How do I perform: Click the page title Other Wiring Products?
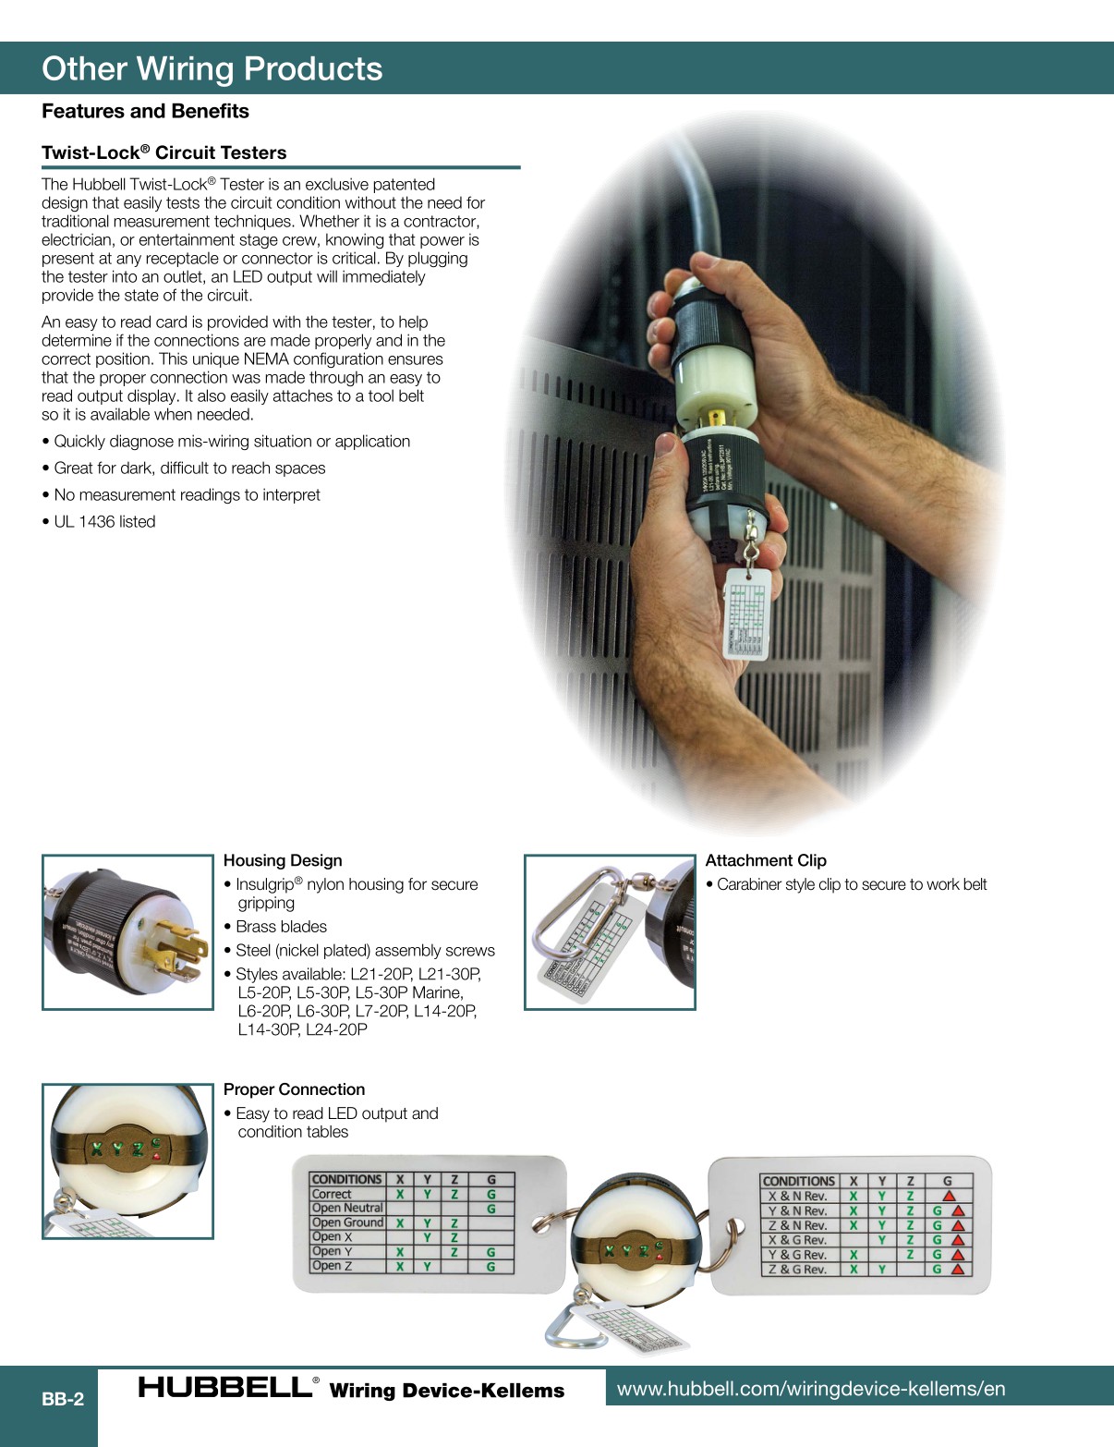tap(212, 69)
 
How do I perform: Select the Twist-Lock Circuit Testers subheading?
tap(163, 152)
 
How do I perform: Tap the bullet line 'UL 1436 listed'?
tap(104, 521)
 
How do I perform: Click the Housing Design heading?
tap(283, 860)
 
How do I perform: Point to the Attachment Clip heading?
tap(766, 860)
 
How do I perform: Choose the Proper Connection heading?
tap(294, 1089)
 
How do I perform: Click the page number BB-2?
tap(63, 1399)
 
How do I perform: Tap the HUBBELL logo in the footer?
tap(226, 1387)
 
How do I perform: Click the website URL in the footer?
tap(811, 1389)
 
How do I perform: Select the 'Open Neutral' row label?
tap(347, 1208)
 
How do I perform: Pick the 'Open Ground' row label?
tap(347, 1222)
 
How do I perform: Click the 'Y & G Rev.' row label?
tap(797, 1255)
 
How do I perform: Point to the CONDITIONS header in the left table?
tap(346, 1179)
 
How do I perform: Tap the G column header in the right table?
tap(947, 1181)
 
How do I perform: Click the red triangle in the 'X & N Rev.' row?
tap(949, 1196)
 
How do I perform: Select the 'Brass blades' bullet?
tap(281, 927)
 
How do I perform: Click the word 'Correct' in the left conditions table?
tap(332, 1194)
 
